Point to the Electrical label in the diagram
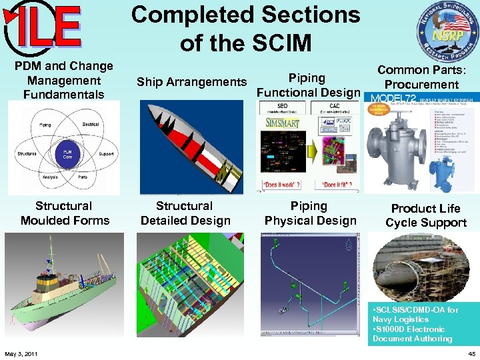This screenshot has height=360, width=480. [91, 125]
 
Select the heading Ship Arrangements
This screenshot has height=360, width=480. [191, 82]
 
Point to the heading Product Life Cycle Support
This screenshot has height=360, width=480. [425, 215]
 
